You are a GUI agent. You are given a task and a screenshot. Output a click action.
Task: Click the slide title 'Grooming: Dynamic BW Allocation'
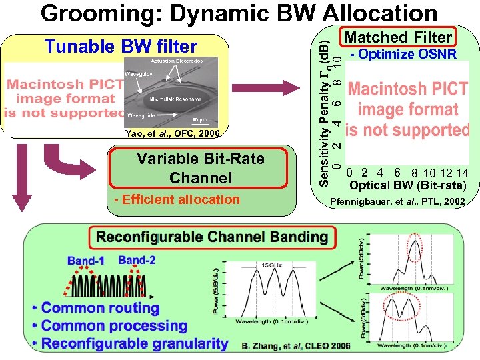[x=239, y=13]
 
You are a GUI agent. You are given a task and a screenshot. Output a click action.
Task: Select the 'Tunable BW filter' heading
[x=121, y=46]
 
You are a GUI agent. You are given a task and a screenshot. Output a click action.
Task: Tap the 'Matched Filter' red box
[x=399, y=37]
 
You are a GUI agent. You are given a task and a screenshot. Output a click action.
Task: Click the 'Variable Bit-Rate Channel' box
[x=200, y=168]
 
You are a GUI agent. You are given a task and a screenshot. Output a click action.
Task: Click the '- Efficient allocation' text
[x=177, y=199]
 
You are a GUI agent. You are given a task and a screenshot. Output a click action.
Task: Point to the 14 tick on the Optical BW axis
[x=462, y=173]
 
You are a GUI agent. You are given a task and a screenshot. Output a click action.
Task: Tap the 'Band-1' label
[x=86, y=261]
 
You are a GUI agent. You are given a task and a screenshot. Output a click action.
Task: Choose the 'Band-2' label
[x=137, y=259]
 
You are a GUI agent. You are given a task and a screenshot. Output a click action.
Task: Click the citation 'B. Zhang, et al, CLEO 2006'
[x=296, y=346]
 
